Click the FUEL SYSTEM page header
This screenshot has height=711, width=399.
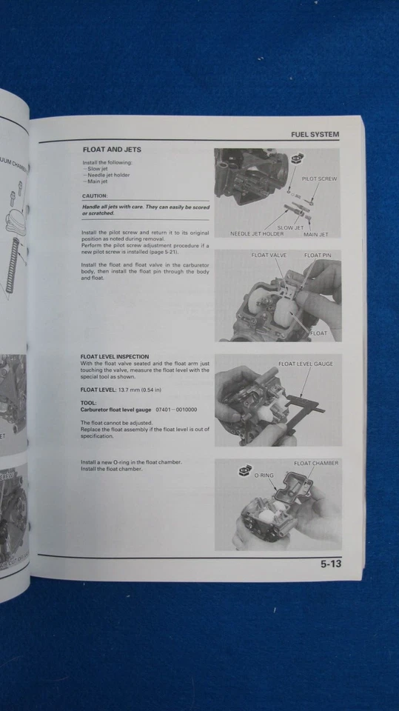click(x=315, y=135)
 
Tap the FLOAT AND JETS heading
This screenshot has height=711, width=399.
click(x=112, y=150)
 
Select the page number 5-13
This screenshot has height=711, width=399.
click(x=331, y=564)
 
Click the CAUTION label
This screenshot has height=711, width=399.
click(x=95, y=196)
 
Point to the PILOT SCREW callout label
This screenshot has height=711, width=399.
click(x=319, y=179)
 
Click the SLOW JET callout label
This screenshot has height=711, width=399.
click(x=290, y=227)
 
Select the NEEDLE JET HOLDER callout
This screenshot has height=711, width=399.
click(x=257, y=234)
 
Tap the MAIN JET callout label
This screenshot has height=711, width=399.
click(x=316, y=234)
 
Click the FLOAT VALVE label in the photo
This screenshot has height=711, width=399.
click(x=269, y=256)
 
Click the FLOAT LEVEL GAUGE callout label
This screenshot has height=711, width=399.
click(x=306, y=364)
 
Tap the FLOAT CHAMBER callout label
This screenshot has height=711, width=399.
click(x=316, y=464)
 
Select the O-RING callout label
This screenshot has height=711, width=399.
click(x=264, y=475)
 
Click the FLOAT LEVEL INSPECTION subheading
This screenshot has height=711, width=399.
click(x=114, y=356)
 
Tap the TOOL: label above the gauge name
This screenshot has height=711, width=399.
click(x=88, y=402)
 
